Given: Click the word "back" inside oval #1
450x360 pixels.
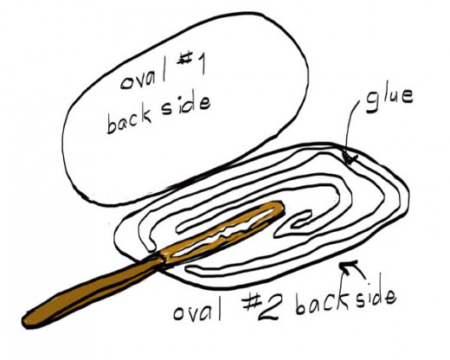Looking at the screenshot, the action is (128, 120).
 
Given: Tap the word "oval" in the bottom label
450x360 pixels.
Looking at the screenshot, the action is (197, 310).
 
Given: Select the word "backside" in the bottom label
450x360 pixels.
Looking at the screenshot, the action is (345, 300).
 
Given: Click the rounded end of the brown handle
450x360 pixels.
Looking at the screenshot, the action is (28, 320).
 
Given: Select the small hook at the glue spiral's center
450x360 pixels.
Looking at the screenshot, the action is (300, 221).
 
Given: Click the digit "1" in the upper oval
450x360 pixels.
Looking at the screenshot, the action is (202, 64).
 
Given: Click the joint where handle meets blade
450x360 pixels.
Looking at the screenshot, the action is (160, 259).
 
